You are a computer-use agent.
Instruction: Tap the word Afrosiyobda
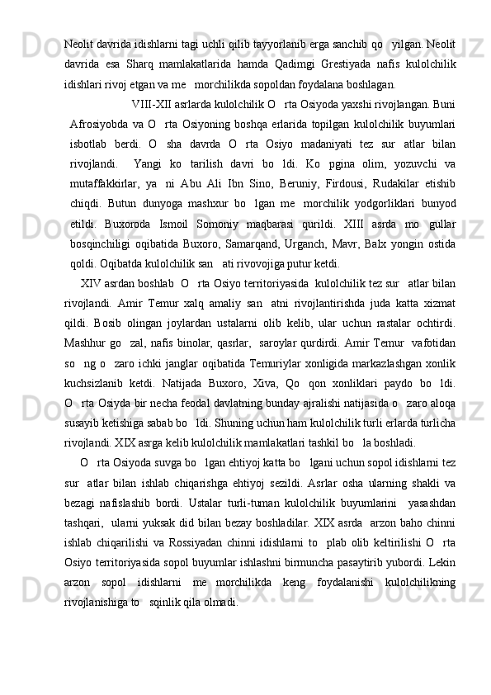(101, 124)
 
